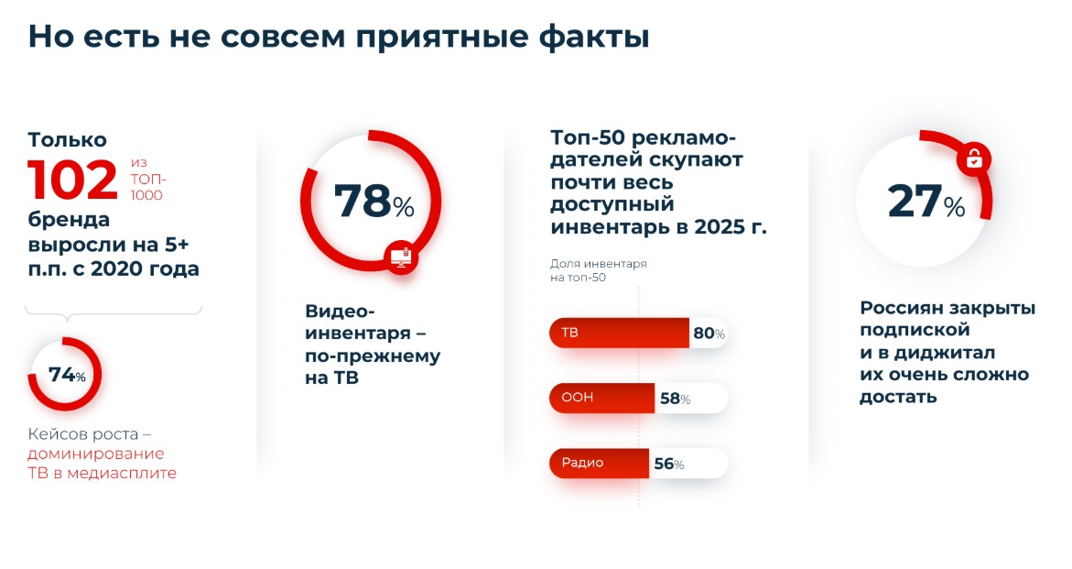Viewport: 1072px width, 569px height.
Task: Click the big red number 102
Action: (x=72, y=180)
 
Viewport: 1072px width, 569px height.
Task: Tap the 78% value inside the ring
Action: (x=374, y=201)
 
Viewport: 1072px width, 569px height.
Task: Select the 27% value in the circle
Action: (x=926, y=201)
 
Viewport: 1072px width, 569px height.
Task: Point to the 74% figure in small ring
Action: (x=67, y=375)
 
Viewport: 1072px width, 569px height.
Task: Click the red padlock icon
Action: (x=974, y=159)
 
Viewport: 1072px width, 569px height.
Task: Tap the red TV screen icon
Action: (x=401, y=257)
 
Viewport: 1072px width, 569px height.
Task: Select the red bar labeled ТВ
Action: (x=619, y=333)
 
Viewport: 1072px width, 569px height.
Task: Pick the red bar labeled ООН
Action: (x=601, y=398)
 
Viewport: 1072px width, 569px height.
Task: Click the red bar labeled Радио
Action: (x=599, y=463)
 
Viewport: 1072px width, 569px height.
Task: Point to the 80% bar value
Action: (x=709, y=333)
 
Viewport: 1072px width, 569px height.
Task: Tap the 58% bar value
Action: (x=675, y=399)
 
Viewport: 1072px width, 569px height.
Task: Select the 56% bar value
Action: (x=668, y=464)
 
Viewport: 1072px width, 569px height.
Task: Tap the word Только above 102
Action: (x=67, y=139)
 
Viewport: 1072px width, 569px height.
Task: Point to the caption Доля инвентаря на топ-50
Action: (x=598, y=270)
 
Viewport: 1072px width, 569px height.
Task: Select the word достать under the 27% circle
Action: (x=898, y=398)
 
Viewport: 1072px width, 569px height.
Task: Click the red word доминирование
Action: (x=96, y=454)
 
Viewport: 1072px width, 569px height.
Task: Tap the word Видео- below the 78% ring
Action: (x=340, y=312)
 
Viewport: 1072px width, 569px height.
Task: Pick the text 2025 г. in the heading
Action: (x=731, y=226)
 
